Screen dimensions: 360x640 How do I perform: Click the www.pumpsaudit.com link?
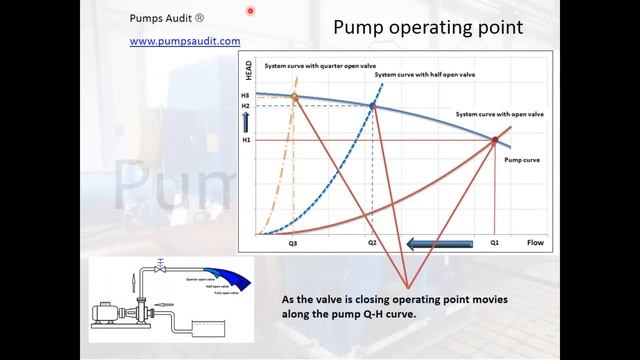coord(185,42)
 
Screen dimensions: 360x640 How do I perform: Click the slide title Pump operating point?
coord(427,26)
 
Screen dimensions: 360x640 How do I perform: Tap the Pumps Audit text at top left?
coord(167,18)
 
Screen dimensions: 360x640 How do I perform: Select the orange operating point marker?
coord(294,97)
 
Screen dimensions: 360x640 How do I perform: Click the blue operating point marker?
coord(372,105)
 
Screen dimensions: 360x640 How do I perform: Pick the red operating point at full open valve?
coord(494,141)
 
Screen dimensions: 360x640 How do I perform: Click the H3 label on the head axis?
coord(245,95)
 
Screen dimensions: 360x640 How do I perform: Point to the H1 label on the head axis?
coord(245,140)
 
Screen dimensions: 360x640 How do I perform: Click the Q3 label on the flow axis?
coord(293,243)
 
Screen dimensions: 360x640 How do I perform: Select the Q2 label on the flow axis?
coord(372,243)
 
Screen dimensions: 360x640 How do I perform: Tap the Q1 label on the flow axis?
coord(494,243)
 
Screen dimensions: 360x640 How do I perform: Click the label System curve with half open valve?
coord(419,75)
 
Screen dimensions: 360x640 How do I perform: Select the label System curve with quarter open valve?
coord(313,66)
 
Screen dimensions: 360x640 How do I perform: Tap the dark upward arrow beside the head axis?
coord(246,122)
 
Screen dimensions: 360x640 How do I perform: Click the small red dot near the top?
coord(250,11)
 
